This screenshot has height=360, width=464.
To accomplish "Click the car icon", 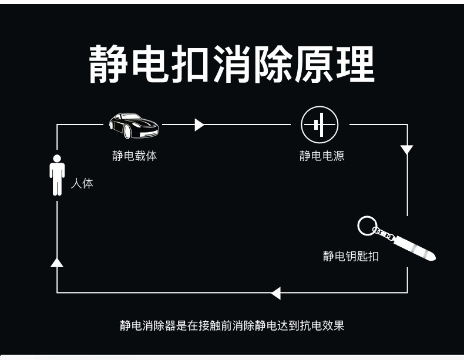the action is tap(133, 125).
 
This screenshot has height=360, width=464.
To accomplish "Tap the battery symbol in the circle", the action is tap(320, 125).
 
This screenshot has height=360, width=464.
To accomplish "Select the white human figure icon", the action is tap(57, 175).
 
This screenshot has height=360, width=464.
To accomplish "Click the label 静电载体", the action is tap(135, 156).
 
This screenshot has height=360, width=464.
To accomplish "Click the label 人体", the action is tap(82, 184).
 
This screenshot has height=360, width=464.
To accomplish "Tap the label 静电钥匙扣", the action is tap(351, 256).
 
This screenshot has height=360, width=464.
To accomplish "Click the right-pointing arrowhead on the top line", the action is tap(199, 125).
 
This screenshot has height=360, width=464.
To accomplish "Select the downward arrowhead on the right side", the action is tap(406, 149).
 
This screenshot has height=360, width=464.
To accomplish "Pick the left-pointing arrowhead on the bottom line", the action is tap(275, 292).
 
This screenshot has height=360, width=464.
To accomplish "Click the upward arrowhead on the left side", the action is tap(57, 262).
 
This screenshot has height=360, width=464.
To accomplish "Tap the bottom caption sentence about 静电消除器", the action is tap(232, 325).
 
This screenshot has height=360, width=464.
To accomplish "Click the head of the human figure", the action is tap(57, 158).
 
